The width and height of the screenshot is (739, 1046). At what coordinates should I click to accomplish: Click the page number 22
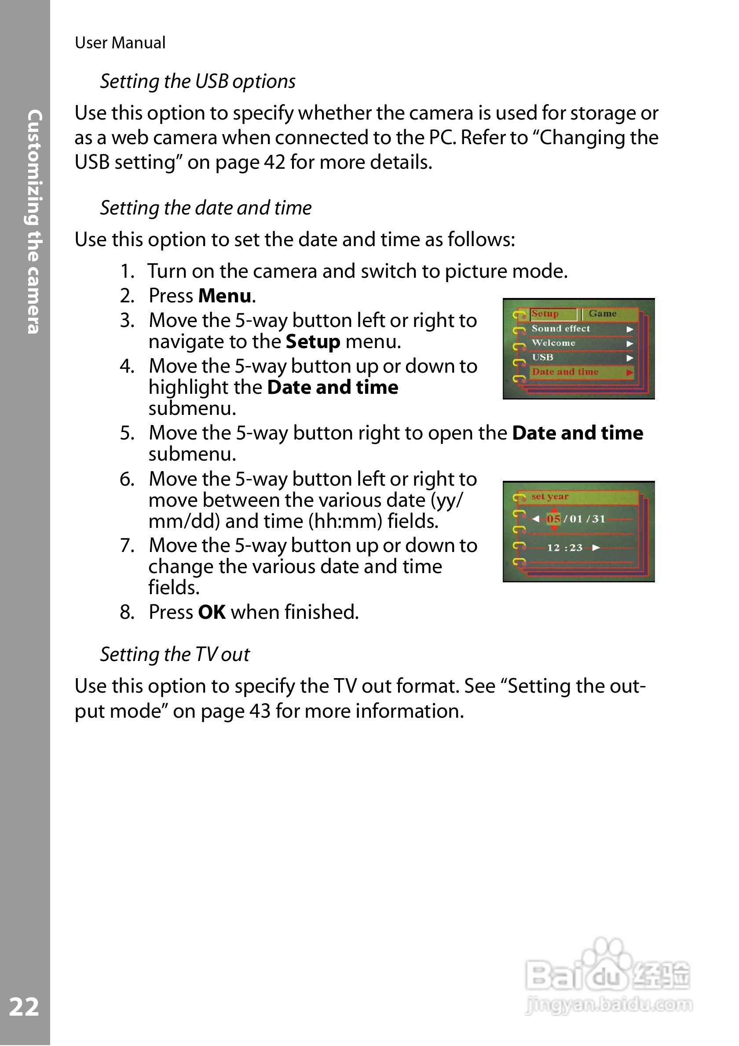pyautogui.click(x=24, y=1006)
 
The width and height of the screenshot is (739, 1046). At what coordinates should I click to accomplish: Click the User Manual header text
pyautogui.click(x=120, y=43)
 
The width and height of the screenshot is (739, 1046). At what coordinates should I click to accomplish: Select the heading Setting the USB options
pyautogui.click(x=198, y=82)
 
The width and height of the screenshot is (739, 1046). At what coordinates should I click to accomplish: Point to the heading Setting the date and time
pyautogui.click(x=205, y=208)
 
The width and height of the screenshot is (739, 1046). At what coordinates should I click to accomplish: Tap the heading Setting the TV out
pyautogui.click(x=175, y=655)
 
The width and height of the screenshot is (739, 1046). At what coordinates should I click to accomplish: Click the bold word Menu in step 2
pyautogui.click(x=225, y=296)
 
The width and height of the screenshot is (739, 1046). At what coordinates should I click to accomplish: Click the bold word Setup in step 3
pyautogui.click(x=313, y=341)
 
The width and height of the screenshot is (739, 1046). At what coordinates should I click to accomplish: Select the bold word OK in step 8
pyautogui.click(x=212, y=612)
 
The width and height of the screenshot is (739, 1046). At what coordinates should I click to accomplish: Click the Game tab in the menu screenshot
pyautogui.click(x=602, y=313)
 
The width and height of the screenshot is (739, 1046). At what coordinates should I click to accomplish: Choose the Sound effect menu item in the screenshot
pyautogui.click(x=560, y=328)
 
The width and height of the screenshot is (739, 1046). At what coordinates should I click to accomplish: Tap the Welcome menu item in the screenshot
pyautogui.click(x=553, y=343)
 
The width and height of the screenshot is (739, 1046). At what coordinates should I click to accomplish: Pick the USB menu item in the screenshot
pyautogui.click(x=542, y=358)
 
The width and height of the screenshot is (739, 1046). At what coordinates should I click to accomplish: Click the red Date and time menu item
pyautogui.click(x=565, y=372)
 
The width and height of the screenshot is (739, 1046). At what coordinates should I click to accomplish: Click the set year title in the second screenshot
pyautogui.click(x=550, y=497)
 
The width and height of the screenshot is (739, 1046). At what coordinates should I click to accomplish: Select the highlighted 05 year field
pyautogui.click(x=553, y=519)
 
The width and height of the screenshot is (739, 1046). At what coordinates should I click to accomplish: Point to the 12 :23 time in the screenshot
pyautogui.click(x=564, y=548)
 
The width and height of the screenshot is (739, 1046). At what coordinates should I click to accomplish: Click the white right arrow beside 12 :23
pyautogui.click(x=596, y=548)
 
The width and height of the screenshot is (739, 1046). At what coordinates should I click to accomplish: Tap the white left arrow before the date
pyautogui.click(x=536, y=519)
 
